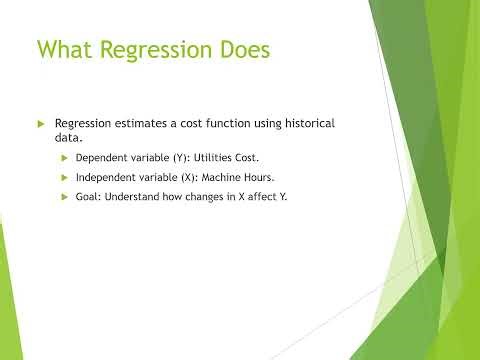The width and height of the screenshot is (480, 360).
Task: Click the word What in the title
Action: click(67, 49)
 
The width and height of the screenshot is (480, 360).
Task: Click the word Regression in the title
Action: click(162, 49)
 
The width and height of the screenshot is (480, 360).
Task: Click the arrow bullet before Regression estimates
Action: click(41, 123)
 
